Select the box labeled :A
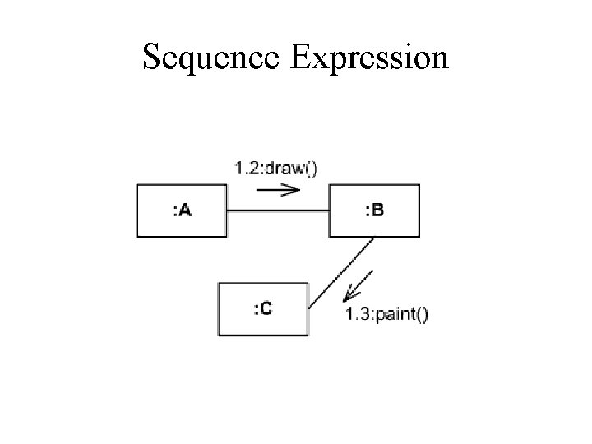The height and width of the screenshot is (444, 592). [x=181, y=211]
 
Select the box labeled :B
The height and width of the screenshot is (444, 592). [x=373, y=211]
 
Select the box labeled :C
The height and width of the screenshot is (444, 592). [x=263, y=308]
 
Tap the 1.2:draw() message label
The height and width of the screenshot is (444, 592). [x=276, y=169]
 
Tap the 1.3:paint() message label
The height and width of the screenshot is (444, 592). [x=386, y=313]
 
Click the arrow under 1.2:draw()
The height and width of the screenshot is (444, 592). [x=278, y=189]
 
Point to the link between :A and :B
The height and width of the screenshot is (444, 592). [x=278, y=211]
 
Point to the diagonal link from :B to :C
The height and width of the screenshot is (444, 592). [x=341, y=272]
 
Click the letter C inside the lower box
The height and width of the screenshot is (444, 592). [x=266, y=308]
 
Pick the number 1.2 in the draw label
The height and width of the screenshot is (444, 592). [x=244, y=169]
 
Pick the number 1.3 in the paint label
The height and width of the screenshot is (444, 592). [x=355, y=313]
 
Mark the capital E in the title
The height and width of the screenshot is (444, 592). [x=298, y=58]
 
